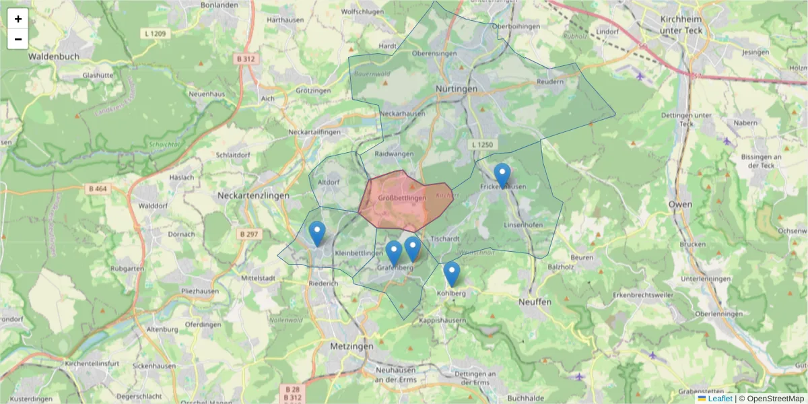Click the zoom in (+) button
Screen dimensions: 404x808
coord(18,19)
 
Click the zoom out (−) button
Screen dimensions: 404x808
coord(18,39)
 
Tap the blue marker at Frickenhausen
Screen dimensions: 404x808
coord(502,176)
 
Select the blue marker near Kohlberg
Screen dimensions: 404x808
coord(452,274)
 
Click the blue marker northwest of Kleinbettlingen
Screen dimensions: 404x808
coord(317,234)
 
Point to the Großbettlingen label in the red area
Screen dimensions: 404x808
coord(402,198)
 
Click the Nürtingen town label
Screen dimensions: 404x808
coord(456,89)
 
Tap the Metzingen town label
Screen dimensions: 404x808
coord(351,345)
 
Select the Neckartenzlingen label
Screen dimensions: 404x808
coord(253,195)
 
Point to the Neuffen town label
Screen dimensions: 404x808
coord(535,302)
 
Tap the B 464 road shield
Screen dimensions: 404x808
coord(98,189)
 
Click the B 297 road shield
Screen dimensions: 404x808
coord(248,234)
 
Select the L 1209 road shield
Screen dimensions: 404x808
coord(155,32)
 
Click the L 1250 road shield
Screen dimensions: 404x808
coord(483,144)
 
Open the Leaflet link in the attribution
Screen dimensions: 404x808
coord(719,399)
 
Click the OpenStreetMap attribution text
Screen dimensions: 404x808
coord(774,399)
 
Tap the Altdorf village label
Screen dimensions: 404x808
coord(329,182)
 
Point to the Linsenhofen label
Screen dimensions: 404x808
coord(523,225)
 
